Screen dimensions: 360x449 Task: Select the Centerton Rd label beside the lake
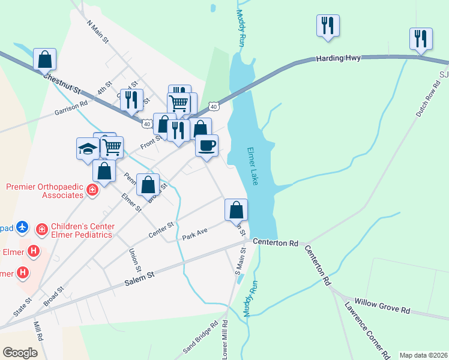pyautogui.click(x=276, y=243)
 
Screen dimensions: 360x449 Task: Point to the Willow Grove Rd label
pyautogui.click(x=382, y=306)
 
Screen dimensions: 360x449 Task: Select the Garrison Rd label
pyautogui.click(x=71, y=107)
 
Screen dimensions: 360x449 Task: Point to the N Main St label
pyautogui.click(x=97, y=31)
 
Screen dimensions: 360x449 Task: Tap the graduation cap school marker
pyautogui.click(x=88, y=148)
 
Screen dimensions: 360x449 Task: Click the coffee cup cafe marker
pyautogui.click(x=206, y=145)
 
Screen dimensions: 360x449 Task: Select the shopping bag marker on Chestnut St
pyautogui.click(x=44, y=59)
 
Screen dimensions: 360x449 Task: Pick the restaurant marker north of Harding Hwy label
pyautogui.click(x=328, y=25)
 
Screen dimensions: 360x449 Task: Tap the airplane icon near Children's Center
pyautogui.click(x=23, y=227)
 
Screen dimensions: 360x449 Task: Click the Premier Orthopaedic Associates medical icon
pyautogui.click(x=92, y=191)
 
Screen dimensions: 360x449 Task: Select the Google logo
pyautogui.click(x=20, y=352)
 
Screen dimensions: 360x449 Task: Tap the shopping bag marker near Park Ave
pyautogui.click(x=236, y=209)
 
